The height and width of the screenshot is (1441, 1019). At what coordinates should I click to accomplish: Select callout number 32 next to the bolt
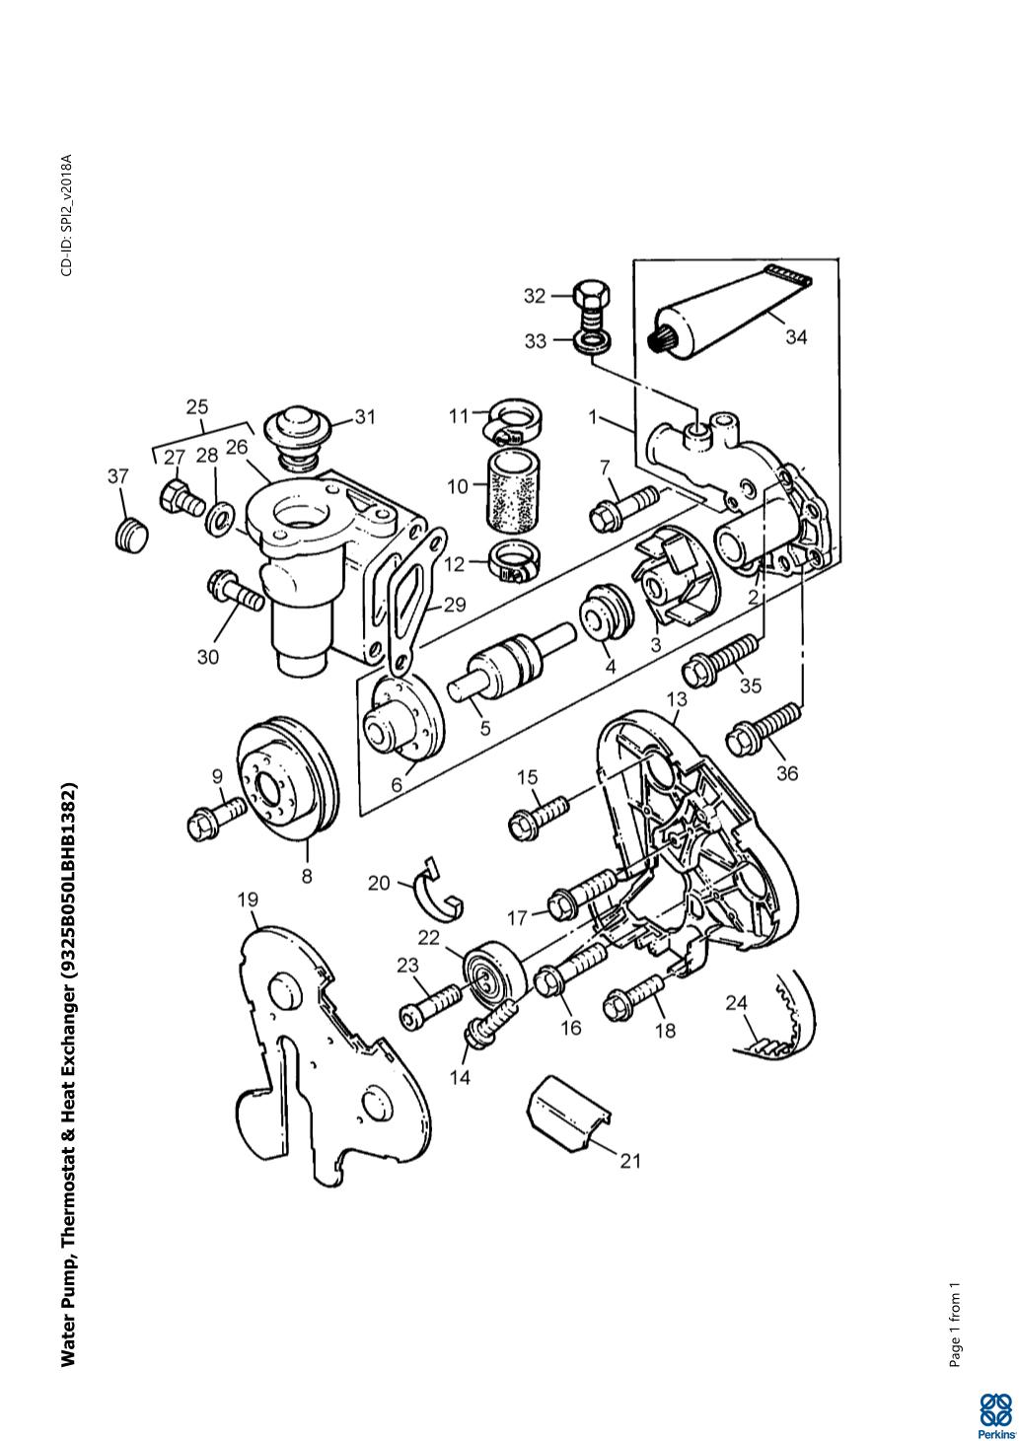(535, 296)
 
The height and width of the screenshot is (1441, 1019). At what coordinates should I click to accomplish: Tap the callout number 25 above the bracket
(197, 406)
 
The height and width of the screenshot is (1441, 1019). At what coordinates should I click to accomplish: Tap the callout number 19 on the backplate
(248, 900)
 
